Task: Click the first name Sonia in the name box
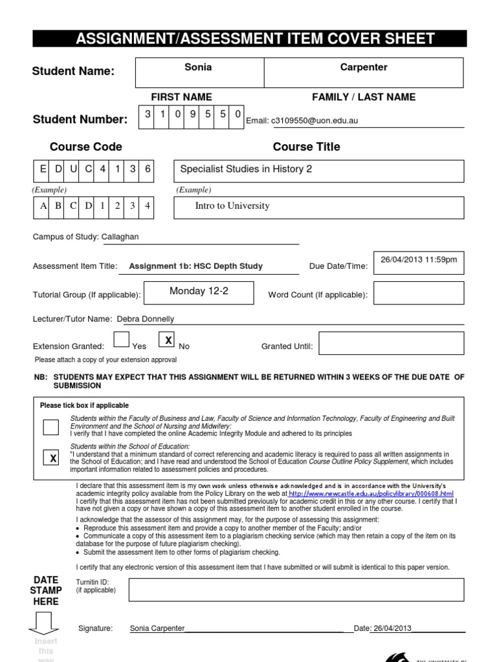click(x=198, y=67)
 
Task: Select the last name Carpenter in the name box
click(x=364, y=67)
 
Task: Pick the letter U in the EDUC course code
click(x=72, y=169)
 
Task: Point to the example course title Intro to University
click(x=232, y=206)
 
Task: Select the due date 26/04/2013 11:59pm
click(x=418, y=260)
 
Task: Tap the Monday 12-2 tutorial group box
click(x=199, y=292)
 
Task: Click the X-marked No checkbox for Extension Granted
click(x=168, y=340)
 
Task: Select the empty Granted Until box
click(x=391, y=343)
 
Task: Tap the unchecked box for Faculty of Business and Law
click(x=50, y=427)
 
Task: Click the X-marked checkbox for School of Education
click(x=50, y=458)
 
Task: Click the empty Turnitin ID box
click(x=296, y=590)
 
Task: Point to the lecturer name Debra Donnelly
click(x=145, y=319)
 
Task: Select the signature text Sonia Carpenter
click(x=157, y=628)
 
